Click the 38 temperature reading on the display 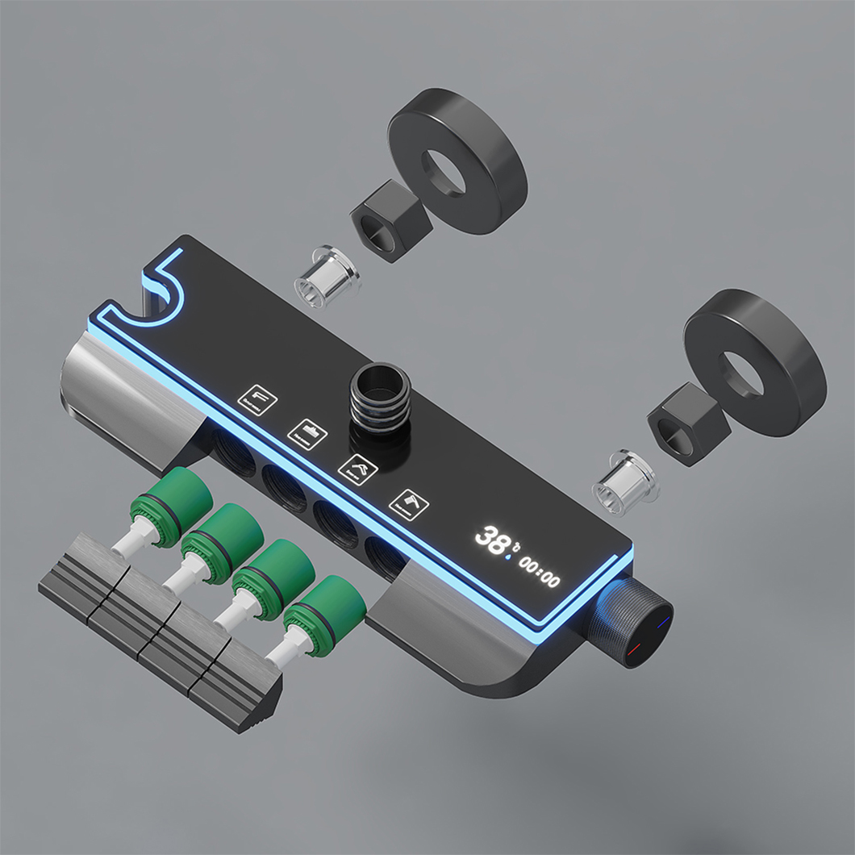(490, 537)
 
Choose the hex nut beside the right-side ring (682, 423)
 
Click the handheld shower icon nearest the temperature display (409, 503)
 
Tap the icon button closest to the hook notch (260, 398)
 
